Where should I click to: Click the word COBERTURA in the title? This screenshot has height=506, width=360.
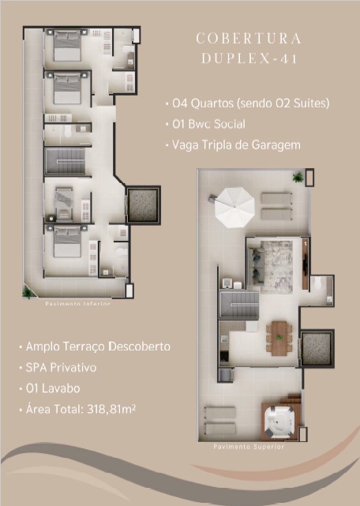249,39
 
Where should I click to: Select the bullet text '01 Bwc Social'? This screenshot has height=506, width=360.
208,124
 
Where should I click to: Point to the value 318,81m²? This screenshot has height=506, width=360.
111,409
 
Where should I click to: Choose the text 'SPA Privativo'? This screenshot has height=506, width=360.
61,368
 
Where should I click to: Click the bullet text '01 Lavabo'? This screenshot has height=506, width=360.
53,388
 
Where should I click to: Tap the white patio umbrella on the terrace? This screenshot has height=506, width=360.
234,208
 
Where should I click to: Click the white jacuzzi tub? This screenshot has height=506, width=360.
279,421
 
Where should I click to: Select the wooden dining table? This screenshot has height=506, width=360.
279,338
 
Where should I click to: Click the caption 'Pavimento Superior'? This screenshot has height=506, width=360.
249,447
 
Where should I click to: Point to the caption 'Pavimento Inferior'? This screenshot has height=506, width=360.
78,303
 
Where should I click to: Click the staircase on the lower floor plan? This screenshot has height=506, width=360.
66,161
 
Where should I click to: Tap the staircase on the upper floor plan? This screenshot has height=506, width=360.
239,305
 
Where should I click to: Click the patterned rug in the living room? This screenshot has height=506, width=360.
277,267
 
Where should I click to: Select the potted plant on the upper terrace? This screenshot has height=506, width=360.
298,177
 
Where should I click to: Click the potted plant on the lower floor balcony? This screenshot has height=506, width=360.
28,292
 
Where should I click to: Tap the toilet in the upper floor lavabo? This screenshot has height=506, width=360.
317,283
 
